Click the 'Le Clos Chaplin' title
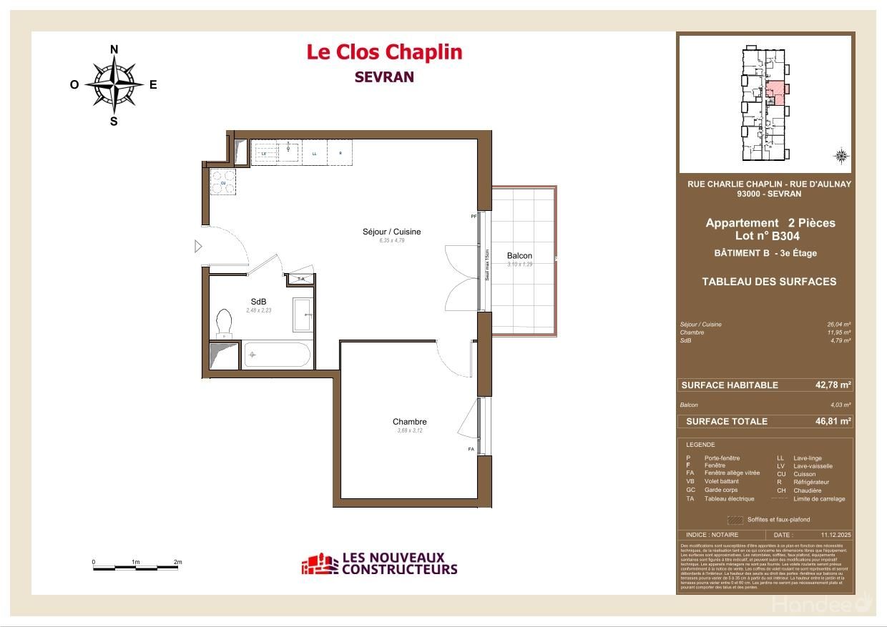(384, 52)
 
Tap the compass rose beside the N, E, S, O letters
(114, 84)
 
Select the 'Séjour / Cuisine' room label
(391, 232)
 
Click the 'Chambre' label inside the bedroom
(409, 422)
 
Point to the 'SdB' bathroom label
(258, 302)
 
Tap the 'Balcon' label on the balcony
(519, 256)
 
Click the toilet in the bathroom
(225, 323)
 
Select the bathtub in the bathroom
(277, 355)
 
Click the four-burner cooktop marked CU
(222, 182)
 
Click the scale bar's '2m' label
(177, 562)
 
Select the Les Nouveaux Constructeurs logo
(379, 564)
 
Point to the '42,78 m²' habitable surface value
(833, 385)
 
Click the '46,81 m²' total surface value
(833, 421)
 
